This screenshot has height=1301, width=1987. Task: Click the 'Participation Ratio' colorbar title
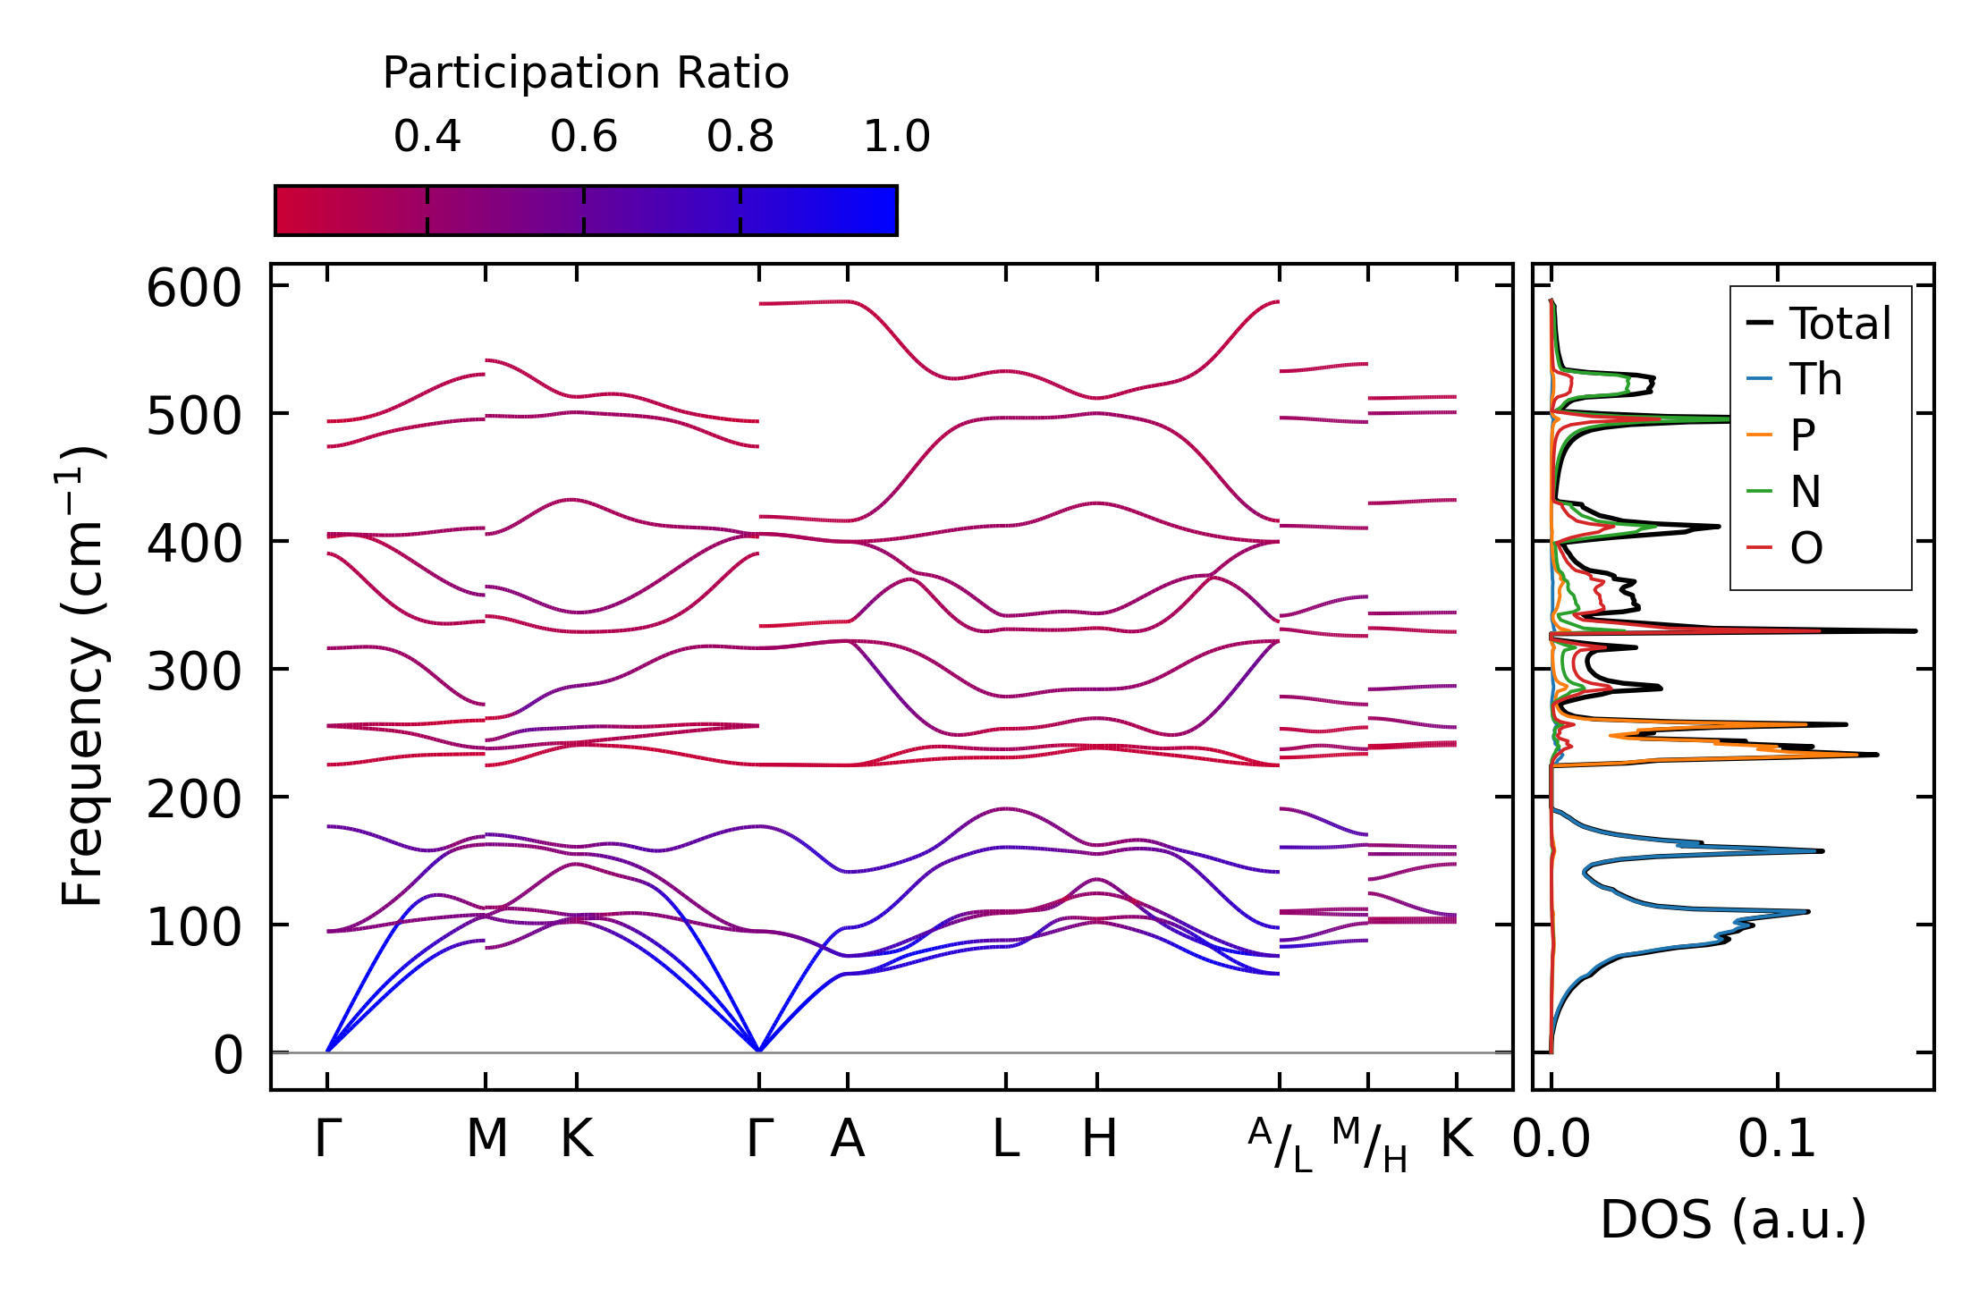point(586,73)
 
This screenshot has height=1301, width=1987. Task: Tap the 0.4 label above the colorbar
point(427,137)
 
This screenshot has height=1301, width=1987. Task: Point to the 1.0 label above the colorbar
point(897,137)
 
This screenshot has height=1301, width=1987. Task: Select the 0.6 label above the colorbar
point(584,137)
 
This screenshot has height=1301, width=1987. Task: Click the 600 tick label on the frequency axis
point(194,289)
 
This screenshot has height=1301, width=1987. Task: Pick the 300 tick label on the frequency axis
point(194,671)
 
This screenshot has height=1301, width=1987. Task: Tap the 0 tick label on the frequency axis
point(228,1055)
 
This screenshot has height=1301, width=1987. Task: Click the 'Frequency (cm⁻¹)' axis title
point(82,676)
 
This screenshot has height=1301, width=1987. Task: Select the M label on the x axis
point(486,1139)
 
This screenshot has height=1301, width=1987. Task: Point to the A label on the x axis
point(847,1139)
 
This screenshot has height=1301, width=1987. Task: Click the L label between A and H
point(1006,1139)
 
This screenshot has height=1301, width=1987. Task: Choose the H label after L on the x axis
point(1099,1139)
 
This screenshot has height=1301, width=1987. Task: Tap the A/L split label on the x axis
point(1281,1145)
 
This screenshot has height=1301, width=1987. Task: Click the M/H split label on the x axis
point(1369,1145)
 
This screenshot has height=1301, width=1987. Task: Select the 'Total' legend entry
point(1839,323)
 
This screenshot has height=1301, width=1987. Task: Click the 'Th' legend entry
point(1815,379)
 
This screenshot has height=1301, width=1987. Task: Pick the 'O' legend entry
point(1806,547)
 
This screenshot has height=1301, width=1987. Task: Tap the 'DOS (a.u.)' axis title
point(1733,1220)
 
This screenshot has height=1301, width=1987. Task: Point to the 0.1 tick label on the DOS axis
point(1777,1139)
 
